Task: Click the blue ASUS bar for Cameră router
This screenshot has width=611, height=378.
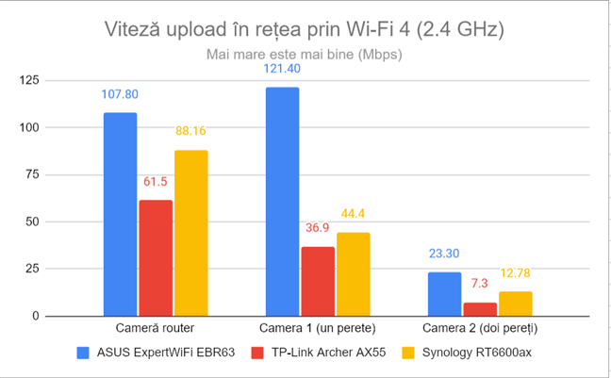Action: pyautogui.click(x=120, y=215)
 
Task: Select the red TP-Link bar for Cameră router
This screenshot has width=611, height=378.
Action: pyautogui.click(x=155, y=258)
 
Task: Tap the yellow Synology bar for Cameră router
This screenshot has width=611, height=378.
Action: pyautogui.click(x=190, y=234)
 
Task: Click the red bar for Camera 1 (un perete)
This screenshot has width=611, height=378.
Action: pyautogui.click(x=317, y=281)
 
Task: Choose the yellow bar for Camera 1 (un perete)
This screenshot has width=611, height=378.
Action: pyautogui.click(x=353, y=274)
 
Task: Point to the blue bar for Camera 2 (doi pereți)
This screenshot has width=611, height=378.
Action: pyautogui.click(x=444, y=294)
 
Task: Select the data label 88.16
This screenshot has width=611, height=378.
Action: pyautogui.click(x=190, y=132)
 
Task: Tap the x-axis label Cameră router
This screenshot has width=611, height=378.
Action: pyautogui.click(x=155, y=328)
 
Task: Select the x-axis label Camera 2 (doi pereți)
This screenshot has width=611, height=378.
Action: pyautogui.click(x=480, y=328)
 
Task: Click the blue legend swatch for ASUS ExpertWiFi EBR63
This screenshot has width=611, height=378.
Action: pyautogui.click(x=84, y=353)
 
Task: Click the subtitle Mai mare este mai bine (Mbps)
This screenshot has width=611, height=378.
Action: pyautogui.click(x=305, y=54)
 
